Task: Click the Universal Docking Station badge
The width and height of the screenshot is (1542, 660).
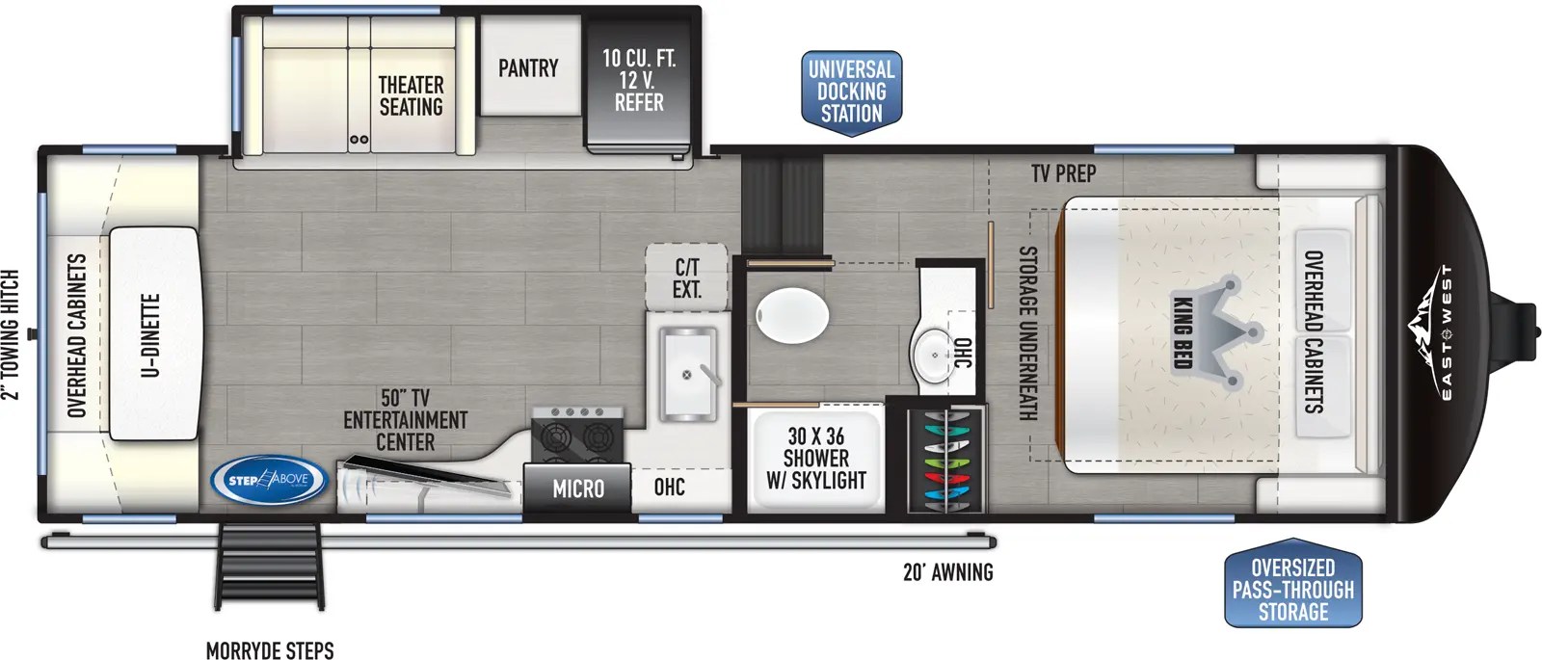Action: point(851,92)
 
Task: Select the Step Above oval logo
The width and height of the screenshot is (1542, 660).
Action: point(269,480)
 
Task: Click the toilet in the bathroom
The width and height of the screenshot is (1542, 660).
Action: point(792,317)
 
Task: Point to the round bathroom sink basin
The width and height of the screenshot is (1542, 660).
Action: point(933,354)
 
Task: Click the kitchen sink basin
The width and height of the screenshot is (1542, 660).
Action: point(687,375)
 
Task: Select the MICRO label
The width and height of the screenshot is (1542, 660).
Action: point(578,489)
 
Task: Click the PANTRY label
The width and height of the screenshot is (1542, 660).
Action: point(528,68)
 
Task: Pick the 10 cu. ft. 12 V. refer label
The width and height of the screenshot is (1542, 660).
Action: point(639,80)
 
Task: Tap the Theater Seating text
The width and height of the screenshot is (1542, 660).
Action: point(411,96)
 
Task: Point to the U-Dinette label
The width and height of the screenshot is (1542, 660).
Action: point(151,334)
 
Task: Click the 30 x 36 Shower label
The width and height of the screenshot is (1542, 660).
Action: point(815,459)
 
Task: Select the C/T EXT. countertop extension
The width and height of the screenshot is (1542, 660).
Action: point(686,278)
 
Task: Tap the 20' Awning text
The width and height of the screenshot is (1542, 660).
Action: point(947,572)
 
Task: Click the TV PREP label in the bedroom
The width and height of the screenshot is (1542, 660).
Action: point(1063,173)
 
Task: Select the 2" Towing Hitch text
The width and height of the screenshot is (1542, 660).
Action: point(11,334)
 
